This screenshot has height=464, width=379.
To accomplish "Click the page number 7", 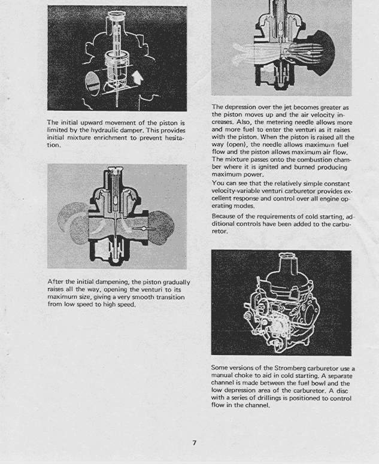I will [x=195, y=443].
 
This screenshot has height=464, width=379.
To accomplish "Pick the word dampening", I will [x=111, y=282].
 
